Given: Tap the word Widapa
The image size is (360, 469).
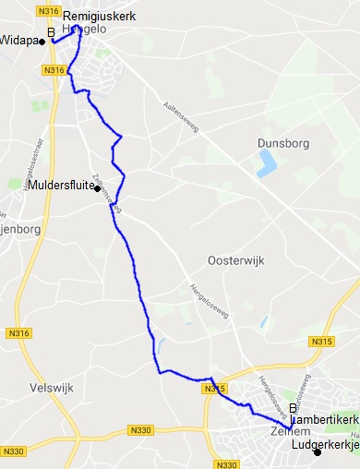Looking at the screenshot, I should (19, 42).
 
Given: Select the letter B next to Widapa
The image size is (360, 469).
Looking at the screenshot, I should (52, 34).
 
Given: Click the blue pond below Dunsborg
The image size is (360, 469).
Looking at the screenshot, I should (268, 163).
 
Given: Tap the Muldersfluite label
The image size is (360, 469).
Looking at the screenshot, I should (61, 186).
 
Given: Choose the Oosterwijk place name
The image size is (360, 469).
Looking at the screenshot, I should (236, 261).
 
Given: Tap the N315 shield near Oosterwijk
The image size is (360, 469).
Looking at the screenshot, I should (322, 342).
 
